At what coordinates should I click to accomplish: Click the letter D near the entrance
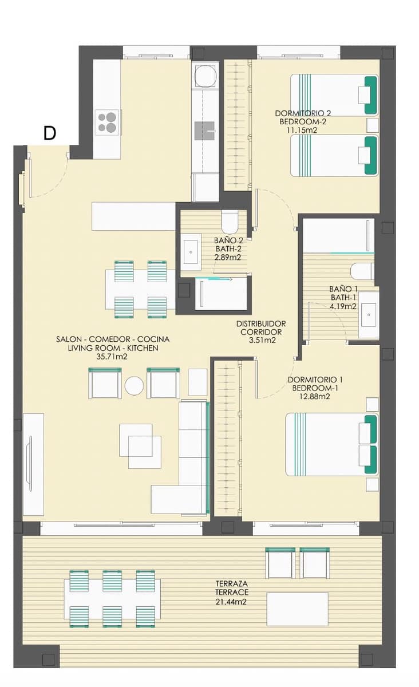pyautogui.click(x=50, y=133)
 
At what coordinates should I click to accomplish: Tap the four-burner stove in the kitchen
pyautogui.click(x=107, y=121)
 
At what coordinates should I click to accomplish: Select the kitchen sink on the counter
pyautogui.click(x=205, y=131)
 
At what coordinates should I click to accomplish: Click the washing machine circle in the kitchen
pyautogui.click(x=205, y=75)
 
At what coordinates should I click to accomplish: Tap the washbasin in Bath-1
pyautogui.click(x=369, y=313)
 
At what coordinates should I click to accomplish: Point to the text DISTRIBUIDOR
pyautogui.click(x=260, y=323)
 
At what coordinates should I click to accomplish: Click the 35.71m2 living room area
pyautogui.click(x=112, y=356)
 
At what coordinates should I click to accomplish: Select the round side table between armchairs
pyautogui.click(x=135, y=386)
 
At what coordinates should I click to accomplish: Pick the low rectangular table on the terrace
pyautogui.click(x=297, y=609)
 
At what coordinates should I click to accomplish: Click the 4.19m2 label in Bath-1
pyautogui.click(x=343, y=306)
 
